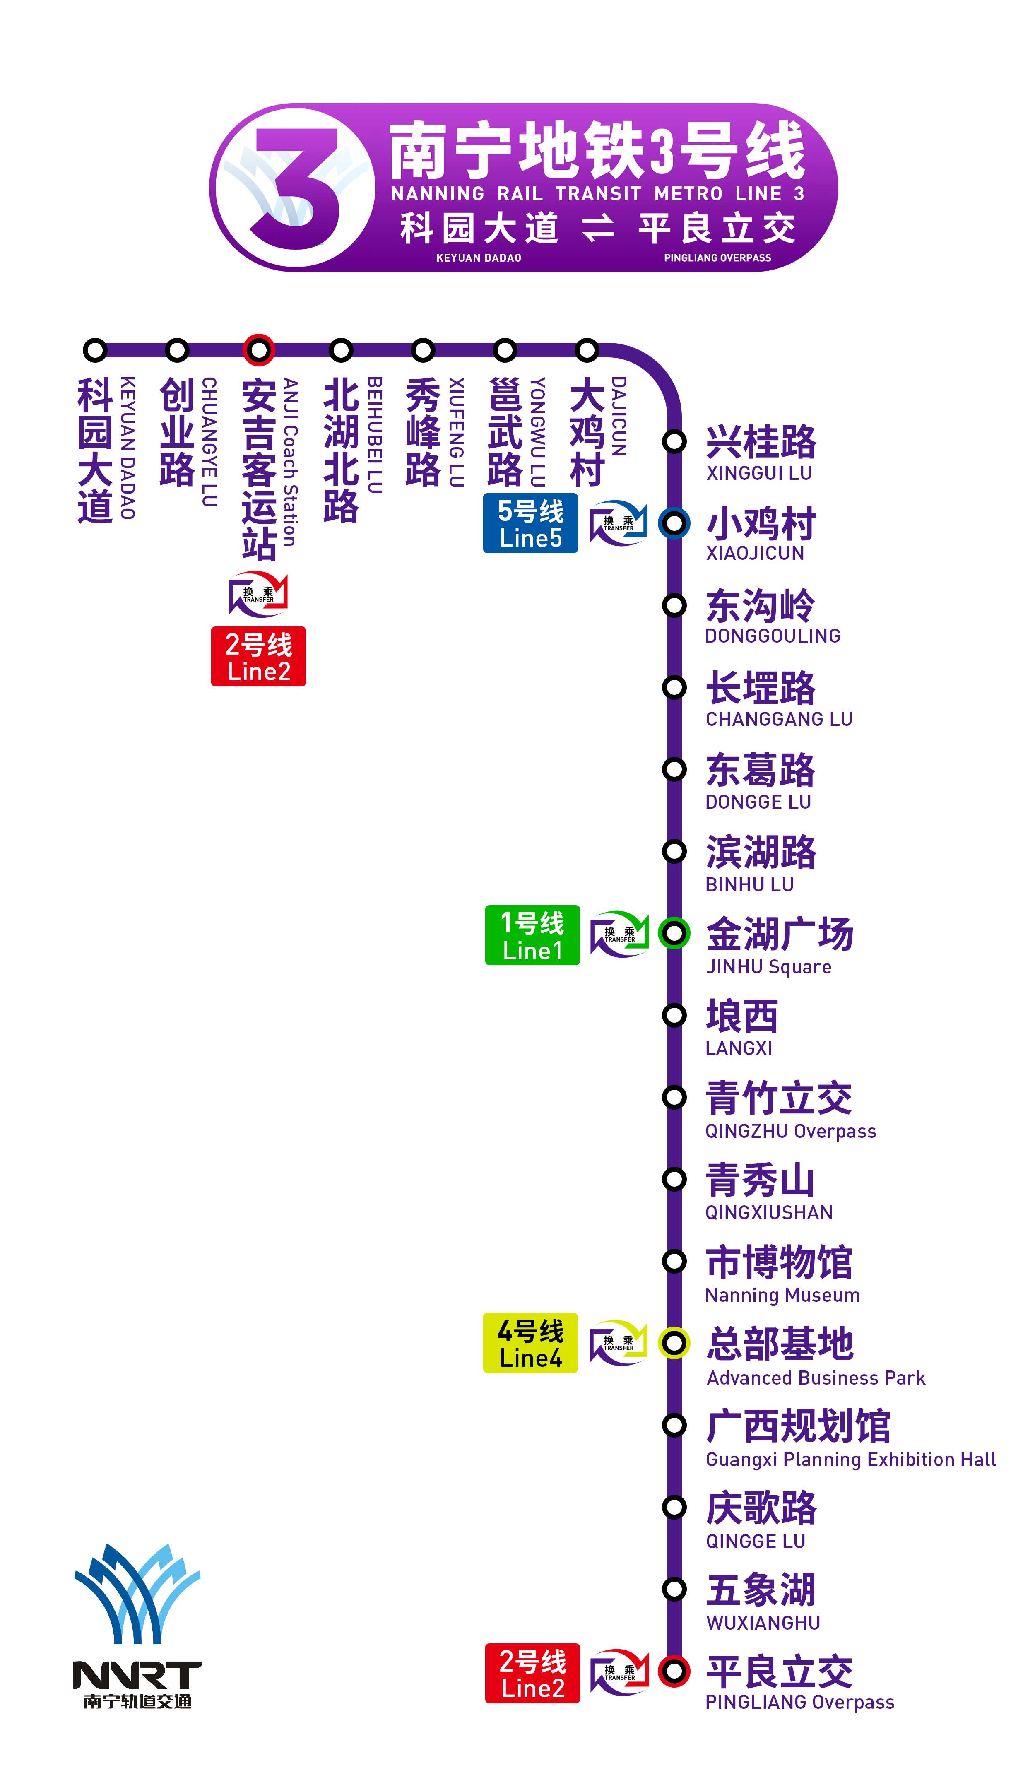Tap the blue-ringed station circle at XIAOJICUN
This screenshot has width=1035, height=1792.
(x=674, y=523)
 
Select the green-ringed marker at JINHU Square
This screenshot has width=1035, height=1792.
(x=674, y=932)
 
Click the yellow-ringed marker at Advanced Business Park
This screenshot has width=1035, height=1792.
(x=674, y=1343)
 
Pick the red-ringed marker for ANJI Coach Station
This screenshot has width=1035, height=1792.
(x=259, y=350)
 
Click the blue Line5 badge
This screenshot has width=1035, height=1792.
(x=530, y=524)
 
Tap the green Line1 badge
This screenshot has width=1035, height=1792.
(x=532, y=935)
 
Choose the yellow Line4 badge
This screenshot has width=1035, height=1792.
(x=530, y=1343)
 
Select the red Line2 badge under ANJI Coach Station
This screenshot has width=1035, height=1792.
(x=259, y=656)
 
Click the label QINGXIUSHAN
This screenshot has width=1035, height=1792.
(x=768, y=1213)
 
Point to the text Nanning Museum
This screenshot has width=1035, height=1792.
(x=782, y=1295)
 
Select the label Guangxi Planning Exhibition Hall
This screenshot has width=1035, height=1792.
(x=850, y=1460)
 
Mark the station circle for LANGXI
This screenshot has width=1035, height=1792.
(x=674, y=1015)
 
